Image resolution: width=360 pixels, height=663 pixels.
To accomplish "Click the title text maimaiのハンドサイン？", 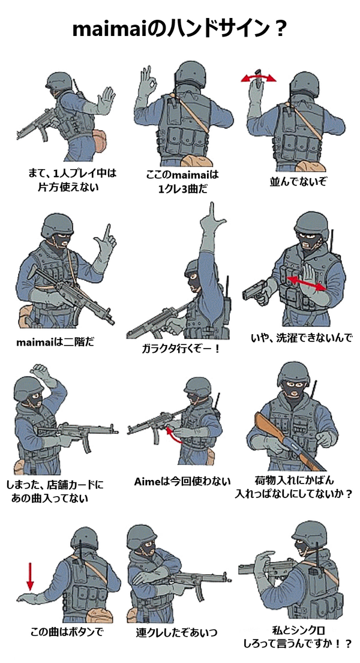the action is tap(180, 29).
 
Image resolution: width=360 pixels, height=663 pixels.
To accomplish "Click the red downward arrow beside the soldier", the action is tap(30, 576).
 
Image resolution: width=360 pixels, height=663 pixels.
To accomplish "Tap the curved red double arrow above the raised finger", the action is tap(259, 77).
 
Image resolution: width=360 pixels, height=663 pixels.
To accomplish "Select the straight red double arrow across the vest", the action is tap(306, 283).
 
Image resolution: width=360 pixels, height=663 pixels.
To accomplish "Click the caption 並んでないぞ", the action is tap(299, 182).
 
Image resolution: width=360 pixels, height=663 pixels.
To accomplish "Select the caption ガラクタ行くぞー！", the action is tap(181, 349).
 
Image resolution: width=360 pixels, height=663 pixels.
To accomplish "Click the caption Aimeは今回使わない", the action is tap(182, 481).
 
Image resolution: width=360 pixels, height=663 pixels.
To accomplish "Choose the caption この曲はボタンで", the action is tap(67, 632).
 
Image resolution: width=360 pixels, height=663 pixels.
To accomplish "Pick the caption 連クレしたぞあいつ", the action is tap(176, 632).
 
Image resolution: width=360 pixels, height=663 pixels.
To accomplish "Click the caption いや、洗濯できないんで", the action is tap(301, 338).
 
